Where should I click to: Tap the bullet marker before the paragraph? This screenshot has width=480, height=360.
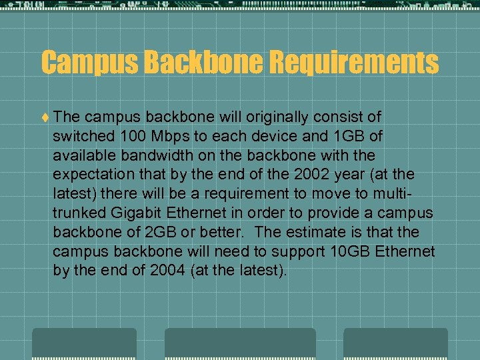point(44,117)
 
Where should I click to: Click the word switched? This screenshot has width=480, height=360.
point(84,137)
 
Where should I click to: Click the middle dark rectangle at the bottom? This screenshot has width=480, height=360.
point(240,343)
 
